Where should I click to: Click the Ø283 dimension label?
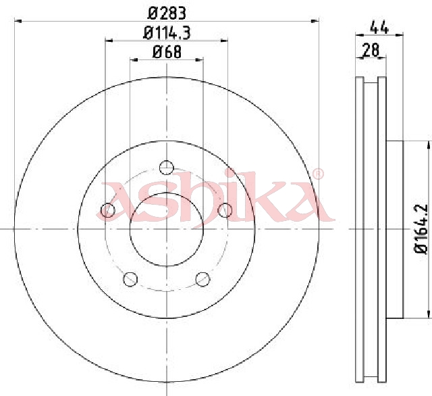point(167,14)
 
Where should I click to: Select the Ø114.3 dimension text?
point(167,33)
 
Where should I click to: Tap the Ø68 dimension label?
point(167,52)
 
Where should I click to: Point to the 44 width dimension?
point(379,27)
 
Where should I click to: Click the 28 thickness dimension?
point(371,50)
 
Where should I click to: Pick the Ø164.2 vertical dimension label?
point(421,230)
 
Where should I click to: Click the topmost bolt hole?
point(167,168)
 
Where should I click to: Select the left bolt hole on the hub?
point(108,210)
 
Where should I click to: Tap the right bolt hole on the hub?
point(225,210)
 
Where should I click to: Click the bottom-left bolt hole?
point(130,279)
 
